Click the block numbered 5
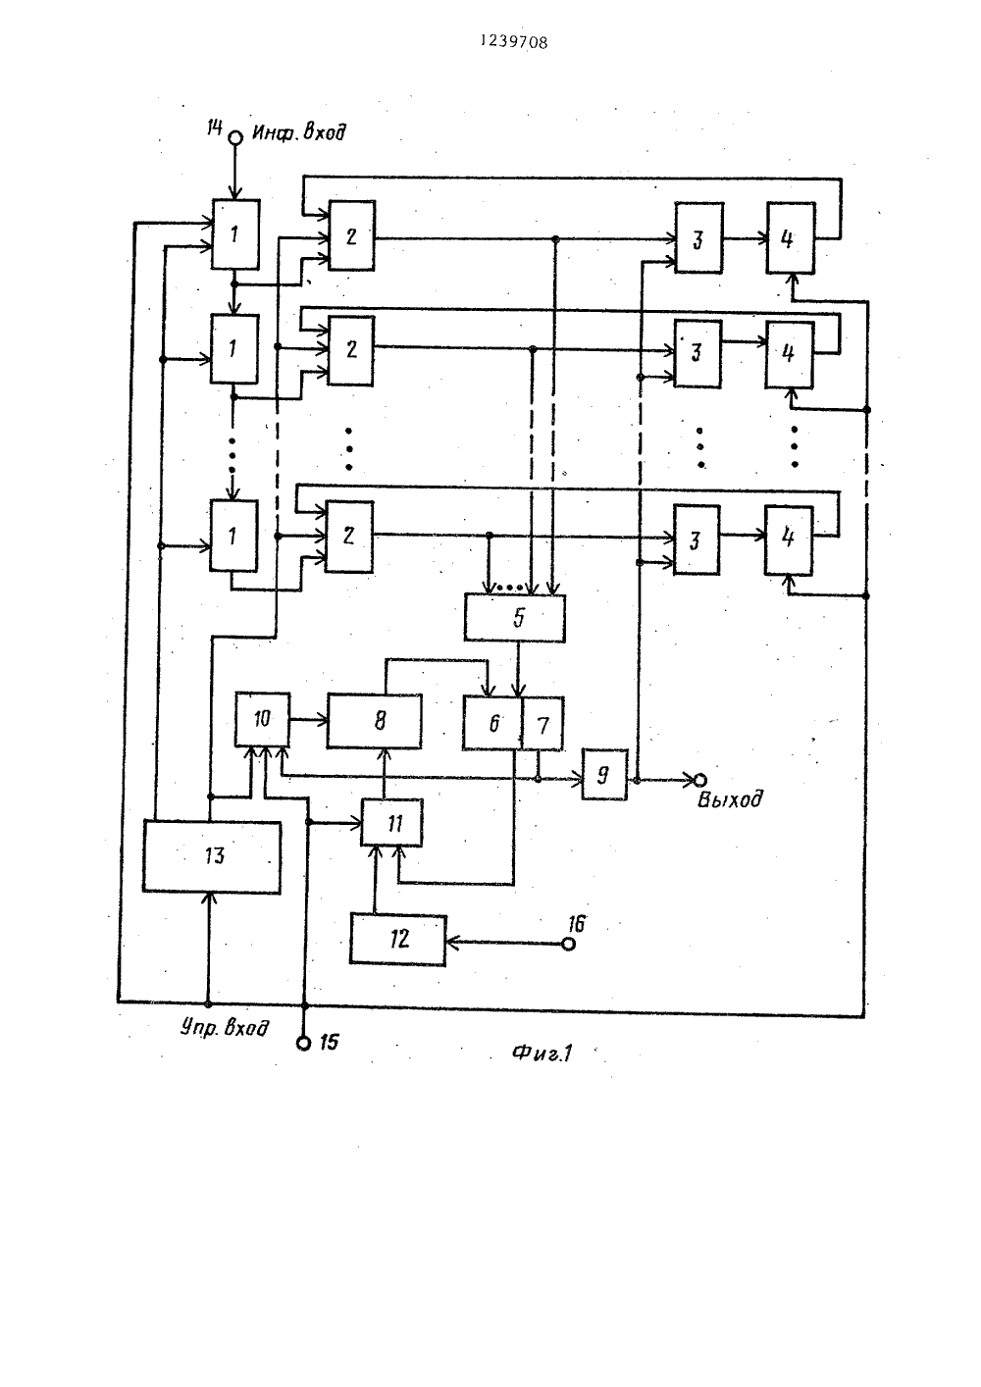(515, 618)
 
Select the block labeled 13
(211, 856)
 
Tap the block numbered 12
(397, 939)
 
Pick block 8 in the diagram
(374, 721)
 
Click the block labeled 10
(262, 719)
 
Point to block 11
(392, 823)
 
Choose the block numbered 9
(604, 775)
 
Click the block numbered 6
(492, 723)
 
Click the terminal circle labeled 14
(235, 137)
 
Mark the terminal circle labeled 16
(568, 944)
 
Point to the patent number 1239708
(514, 42)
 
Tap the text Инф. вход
(299, 132)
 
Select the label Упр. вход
(225, 1028)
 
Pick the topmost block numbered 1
(235, 234)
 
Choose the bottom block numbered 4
(789, 540)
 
